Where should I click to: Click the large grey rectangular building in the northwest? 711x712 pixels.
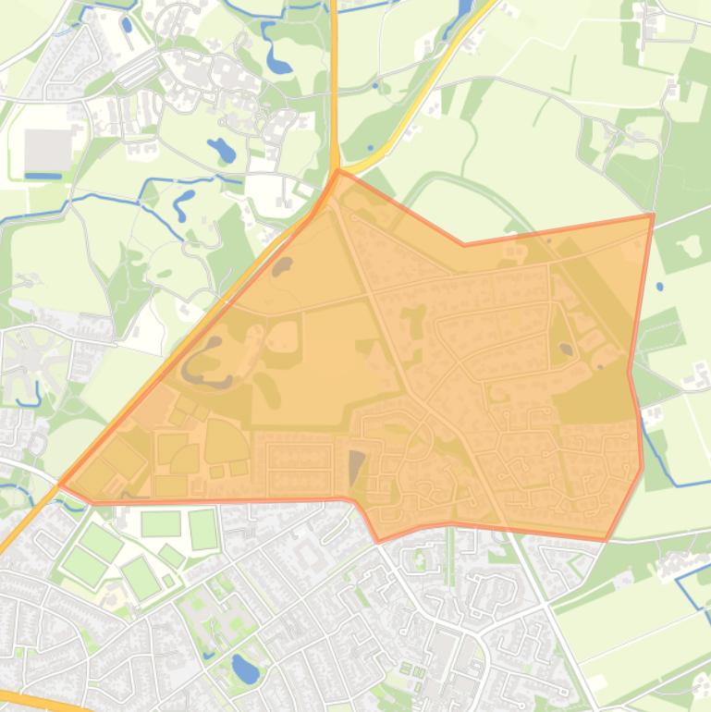[x=47, y=149]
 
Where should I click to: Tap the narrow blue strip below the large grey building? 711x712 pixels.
[x=43, y=176]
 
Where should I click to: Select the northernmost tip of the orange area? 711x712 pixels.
[x=339, y=170]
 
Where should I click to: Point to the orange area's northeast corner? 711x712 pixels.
[x=653, y=215]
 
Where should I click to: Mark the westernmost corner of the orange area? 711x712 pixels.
[x=61, y=484]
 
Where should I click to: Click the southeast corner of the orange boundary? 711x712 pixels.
[x=607, y=540]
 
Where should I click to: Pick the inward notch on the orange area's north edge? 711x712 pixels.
[x=464, y=245]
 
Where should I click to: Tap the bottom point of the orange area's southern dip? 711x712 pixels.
[x=379, y=541]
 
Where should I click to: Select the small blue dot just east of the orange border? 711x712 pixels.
[x=659, y=287]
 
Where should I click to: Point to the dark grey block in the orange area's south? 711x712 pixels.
[x=356, y=466]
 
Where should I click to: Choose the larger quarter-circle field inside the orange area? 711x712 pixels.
[x=225, y=440]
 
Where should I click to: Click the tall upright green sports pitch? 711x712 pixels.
[x=203, y=529]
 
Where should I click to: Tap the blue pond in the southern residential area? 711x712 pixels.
[x=245, y=669]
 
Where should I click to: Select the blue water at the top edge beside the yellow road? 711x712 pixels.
[x=462, y=11]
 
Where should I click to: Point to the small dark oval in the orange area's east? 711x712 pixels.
[x=565, y=349]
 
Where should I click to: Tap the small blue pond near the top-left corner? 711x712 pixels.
[x=126, y=25]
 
